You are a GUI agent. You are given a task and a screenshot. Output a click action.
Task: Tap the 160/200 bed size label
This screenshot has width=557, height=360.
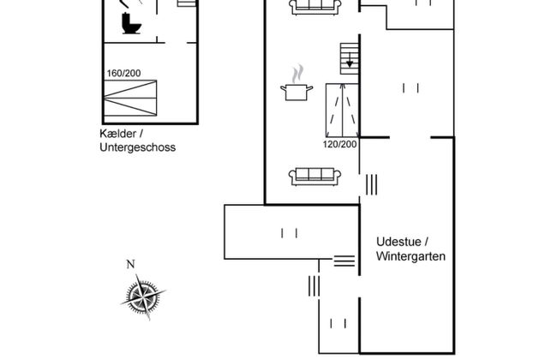(124, 73)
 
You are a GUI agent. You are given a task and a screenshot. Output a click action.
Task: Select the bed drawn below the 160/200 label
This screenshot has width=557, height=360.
(131, 100)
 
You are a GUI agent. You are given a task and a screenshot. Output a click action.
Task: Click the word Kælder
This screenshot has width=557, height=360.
(120, 135)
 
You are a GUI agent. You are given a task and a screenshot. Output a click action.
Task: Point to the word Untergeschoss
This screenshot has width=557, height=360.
(137, 147)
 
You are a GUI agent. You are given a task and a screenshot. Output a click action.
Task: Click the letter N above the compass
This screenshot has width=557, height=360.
(130, 264)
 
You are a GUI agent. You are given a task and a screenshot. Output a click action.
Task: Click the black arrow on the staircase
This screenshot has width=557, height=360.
(350, 63)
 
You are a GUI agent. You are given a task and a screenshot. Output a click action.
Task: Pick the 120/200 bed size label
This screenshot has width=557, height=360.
(340, 144)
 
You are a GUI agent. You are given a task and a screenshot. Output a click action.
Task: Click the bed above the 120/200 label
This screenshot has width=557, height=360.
(343, 110)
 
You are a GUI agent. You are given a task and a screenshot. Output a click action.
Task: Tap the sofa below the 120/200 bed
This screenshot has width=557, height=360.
(315, 176)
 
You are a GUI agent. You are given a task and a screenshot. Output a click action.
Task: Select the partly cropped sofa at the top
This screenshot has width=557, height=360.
(315, 7)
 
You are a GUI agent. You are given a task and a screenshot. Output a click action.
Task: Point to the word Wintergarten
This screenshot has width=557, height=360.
(411, 255)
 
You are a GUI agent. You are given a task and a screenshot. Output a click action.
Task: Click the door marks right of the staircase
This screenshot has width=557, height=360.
(410, 87)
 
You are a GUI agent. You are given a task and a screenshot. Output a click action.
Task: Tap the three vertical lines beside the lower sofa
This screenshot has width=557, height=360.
(371, 183)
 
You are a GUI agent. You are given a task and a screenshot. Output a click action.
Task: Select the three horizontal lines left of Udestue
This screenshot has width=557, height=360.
(344, 261)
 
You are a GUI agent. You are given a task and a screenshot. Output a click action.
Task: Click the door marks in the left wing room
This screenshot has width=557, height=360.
(289, 231)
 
